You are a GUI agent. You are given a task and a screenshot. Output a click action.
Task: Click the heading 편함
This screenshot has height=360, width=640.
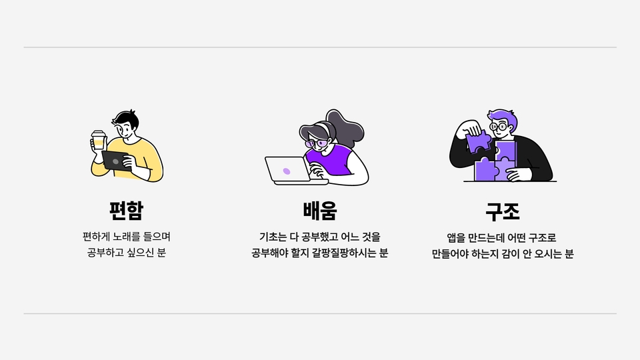coord(127,211)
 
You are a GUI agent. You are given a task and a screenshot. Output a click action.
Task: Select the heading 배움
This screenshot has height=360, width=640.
coord(320,211)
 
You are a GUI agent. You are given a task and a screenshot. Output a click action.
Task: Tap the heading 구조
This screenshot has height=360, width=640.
coord(503,211)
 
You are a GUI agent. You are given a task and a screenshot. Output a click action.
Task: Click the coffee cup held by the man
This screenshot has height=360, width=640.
coord(99,140)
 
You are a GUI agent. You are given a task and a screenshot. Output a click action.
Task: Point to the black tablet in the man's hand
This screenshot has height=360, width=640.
coord(115,161)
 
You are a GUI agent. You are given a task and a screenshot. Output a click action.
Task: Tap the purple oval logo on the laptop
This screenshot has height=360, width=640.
coord(287,171)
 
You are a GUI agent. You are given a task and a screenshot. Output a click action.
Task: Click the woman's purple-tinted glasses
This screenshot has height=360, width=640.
coord(316,143)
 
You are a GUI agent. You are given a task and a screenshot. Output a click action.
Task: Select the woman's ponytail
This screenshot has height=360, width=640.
coord(346,127)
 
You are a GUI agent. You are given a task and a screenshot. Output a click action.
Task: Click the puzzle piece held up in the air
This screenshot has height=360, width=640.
coord(478,141)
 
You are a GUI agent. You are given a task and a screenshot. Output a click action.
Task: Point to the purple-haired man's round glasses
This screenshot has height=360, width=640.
coord(499,127)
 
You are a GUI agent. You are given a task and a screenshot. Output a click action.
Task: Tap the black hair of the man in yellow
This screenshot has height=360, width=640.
coord(126,119)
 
